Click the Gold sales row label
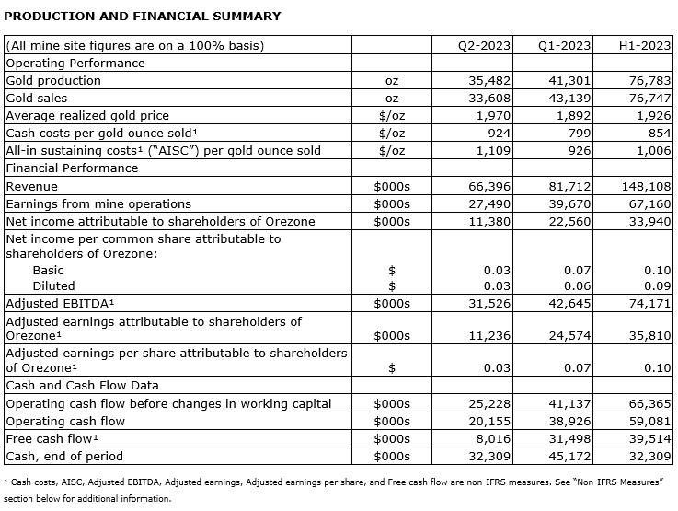36,99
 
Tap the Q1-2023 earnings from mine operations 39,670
564,203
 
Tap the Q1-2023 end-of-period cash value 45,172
564,456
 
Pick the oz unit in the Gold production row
392,81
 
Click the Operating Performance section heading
75,64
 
